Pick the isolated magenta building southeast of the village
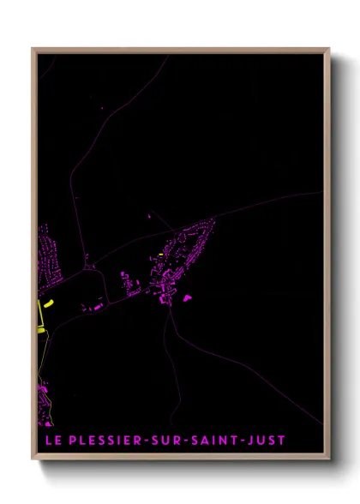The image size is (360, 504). pyautogui.click(x=187, y=297)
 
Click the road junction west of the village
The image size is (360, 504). pyautogui.click(x=87, y=267)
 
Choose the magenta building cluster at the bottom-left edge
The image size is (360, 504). pyautogui.click(x=43, y=399)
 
